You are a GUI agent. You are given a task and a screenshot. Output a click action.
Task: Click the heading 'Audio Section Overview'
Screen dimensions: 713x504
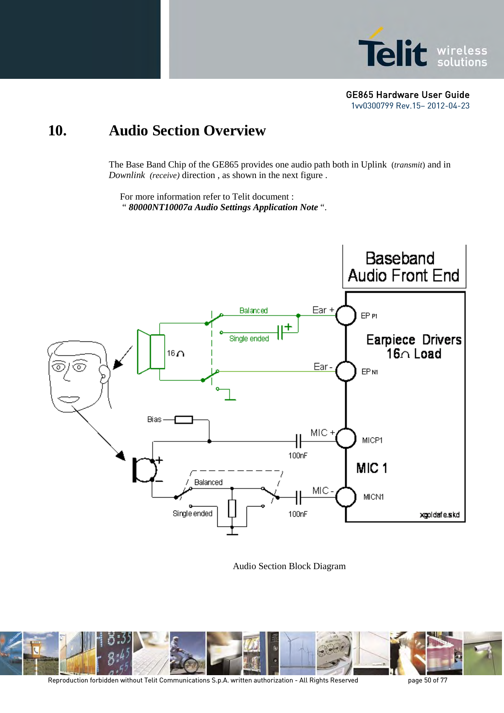[187, 130]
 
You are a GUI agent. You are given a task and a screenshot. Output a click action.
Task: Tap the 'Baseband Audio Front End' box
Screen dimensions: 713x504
[404, 267]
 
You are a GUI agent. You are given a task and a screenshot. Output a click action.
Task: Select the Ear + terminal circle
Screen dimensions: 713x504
[346, 315]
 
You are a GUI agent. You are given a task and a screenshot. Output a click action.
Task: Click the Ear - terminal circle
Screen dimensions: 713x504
[346, 371]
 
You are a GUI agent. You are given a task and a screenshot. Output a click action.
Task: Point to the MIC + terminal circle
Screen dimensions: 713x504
[346, 438]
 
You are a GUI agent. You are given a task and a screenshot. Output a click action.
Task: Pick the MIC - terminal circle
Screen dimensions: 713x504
[346, 496]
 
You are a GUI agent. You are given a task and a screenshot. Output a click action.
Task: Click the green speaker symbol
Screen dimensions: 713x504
[150, 352]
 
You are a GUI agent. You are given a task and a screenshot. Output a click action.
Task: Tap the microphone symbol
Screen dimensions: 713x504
[144, 470]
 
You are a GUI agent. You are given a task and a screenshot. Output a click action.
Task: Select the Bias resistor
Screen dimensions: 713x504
[184, 420]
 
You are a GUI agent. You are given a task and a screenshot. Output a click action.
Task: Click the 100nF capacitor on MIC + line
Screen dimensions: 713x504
[299, 441]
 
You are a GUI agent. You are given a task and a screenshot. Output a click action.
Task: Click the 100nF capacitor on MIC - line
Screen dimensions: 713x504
[299, 497]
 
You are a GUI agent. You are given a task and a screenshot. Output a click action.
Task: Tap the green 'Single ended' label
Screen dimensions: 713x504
[249, 339]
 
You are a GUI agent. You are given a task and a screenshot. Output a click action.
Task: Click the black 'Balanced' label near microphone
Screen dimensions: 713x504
[208, 483]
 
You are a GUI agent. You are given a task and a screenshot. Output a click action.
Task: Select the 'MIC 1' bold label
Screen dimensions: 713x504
[372, 468]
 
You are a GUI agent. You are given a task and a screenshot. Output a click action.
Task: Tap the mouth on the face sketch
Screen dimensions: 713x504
[68, 399]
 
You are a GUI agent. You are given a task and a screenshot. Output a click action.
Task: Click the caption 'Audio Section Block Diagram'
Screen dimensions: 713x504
[289, 566]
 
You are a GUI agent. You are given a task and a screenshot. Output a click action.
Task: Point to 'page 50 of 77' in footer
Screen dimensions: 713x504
[427, 680]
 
